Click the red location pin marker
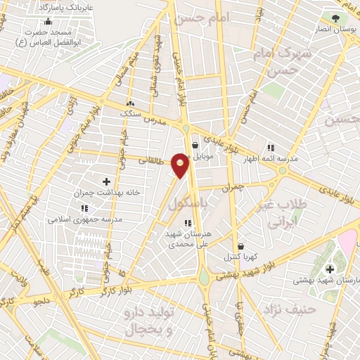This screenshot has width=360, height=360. (181, 165)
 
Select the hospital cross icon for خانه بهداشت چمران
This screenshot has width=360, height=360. (106, 181)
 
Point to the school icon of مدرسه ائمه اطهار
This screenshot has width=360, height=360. (271, 148)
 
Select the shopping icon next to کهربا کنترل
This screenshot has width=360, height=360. (241, 246)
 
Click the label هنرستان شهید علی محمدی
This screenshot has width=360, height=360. (188, 240)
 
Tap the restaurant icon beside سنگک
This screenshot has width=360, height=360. (129, 103)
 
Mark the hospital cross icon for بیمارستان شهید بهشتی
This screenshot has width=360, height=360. (330, 270)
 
